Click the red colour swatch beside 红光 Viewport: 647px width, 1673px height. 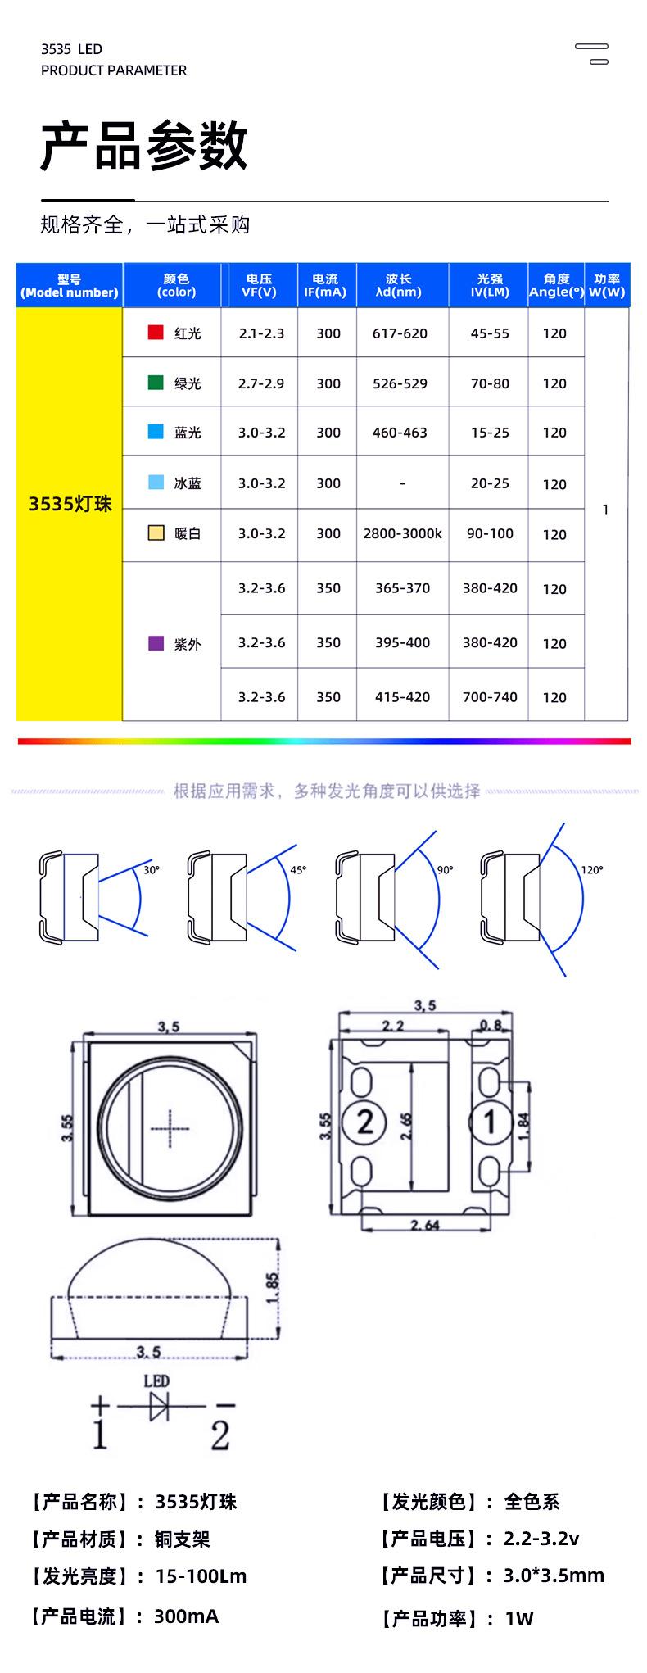[x=156, y=332]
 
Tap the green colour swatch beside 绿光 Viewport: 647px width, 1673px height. [x=156, y=382]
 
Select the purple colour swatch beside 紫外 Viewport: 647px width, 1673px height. [x=156, y=643]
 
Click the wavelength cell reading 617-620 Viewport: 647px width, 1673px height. [x=400, y=333]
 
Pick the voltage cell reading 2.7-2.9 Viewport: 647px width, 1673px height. [x=262, y=383]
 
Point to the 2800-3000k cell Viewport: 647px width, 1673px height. [x=402, y=533]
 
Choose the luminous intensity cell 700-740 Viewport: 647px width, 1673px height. [x=490, y=697]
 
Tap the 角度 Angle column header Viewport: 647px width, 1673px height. [x=556, y=285]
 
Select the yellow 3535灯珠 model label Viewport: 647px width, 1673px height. [x=70, y=504]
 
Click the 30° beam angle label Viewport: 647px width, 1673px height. [x=152, y=870]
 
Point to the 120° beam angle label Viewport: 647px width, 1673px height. [x=592, y=870]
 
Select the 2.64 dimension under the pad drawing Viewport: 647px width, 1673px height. [x=424, y=1226]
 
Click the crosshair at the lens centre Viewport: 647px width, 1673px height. [x=170, y=1128]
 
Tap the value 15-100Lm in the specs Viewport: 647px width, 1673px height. [x=201, y=1576]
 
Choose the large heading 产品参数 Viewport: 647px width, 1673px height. [x=144, y=146]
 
